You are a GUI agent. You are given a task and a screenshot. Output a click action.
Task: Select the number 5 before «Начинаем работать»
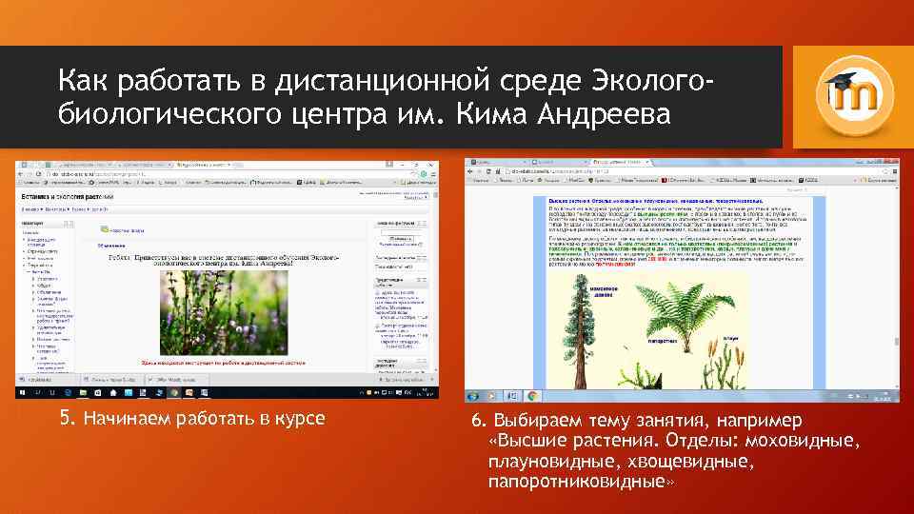(66, 418)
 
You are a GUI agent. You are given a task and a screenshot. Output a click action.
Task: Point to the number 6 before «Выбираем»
(475, 421)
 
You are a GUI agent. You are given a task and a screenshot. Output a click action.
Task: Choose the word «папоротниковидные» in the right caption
(579, 482)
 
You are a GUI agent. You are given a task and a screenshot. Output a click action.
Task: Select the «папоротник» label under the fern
(666, 340)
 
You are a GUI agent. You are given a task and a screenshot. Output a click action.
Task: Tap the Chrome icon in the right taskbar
(530, 395)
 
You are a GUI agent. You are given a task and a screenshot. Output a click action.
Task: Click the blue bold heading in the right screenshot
(647, 201)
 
